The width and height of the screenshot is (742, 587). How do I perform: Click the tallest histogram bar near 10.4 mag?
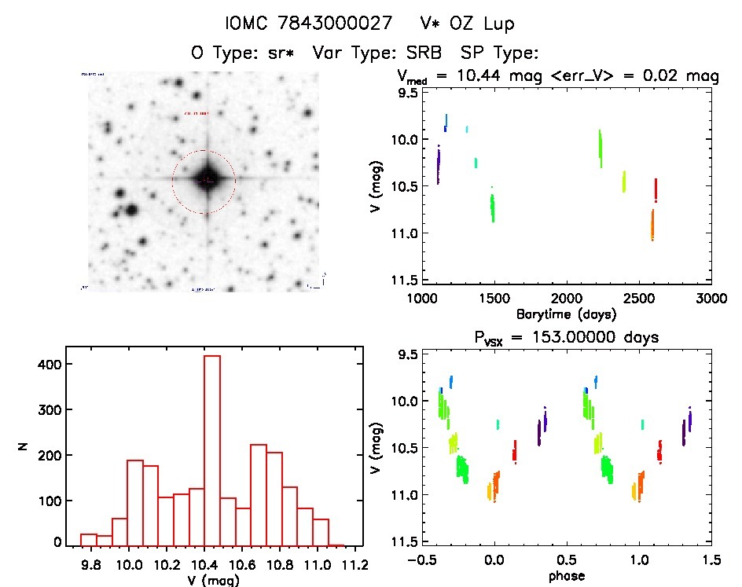(x=212, y=448)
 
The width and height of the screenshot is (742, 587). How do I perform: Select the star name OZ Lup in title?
(x=479, y=24)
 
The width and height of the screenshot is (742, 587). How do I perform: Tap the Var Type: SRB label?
(x=377, y=53)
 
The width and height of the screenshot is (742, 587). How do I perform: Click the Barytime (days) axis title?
(x=566, y=314)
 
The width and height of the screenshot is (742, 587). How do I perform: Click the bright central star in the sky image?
(x=206, y=180)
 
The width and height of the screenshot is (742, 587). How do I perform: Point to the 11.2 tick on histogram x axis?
(x=355, y=563)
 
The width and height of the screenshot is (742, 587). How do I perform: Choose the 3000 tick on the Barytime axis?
(x=711, y=299)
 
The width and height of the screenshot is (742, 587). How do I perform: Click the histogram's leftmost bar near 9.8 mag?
(x=89, y=539)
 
